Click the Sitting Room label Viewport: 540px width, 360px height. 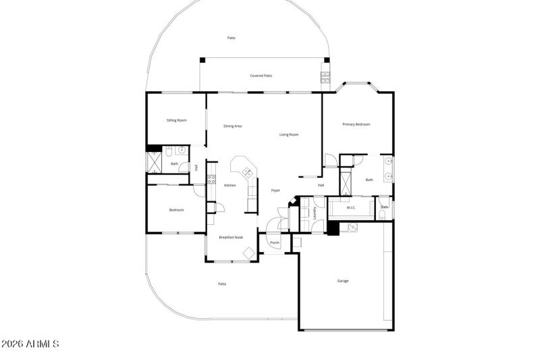pos(176,120)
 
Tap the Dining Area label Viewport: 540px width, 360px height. pos(233,126)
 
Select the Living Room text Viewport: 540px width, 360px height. pos(289,134)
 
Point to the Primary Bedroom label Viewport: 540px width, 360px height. pos(356,124)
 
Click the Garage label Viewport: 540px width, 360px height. pos(343,281)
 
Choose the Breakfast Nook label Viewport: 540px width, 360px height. pos(230,237)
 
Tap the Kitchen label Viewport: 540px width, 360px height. pos(230,185)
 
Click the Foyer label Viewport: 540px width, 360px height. pos(275,190)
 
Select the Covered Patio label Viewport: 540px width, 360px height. pos(261,76)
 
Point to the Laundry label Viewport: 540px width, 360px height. pos(315,213)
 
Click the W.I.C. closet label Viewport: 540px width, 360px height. pos(351,208)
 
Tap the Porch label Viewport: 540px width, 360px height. pos(275,242)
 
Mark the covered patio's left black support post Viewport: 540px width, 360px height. pos(201,60)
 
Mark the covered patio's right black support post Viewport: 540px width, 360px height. pos(326,60)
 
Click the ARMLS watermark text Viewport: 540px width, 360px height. pos(30,344)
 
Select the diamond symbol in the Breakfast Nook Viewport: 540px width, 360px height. pos(248,253)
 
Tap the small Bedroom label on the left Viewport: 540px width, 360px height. pos(176,210)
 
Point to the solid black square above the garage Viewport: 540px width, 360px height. pos(332,228)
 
